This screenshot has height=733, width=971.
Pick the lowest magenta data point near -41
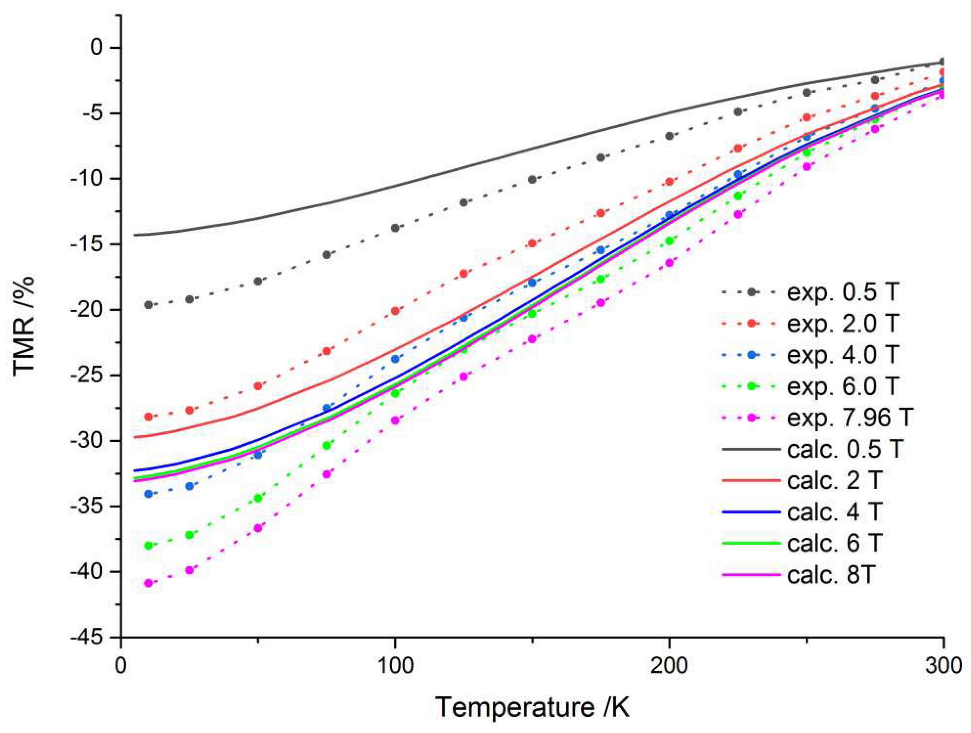pos(148,583)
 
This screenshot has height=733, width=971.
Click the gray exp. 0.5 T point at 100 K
pos(395,228)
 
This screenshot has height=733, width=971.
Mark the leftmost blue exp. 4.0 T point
pos(148,494)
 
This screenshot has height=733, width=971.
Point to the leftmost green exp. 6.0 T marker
pos(148,546)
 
